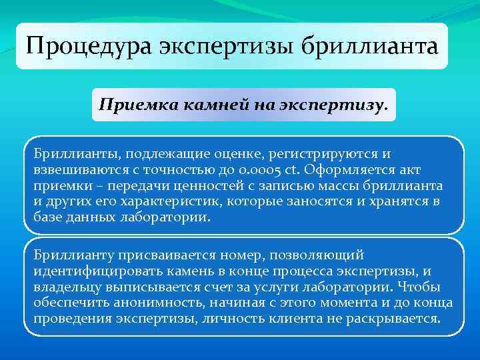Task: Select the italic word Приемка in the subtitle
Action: tap(127, 105)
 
